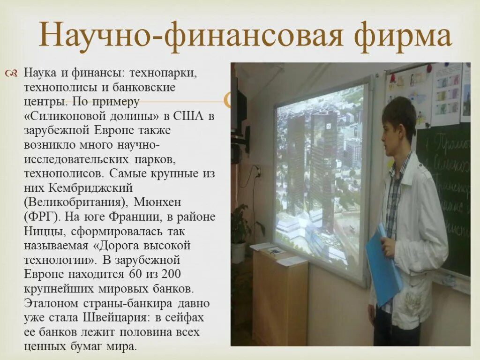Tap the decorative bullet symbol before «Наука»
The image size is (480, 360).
pyautogui.click(x=12, y=73)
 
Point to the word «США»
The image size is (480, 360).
pyautogui.click(x=190, y=116)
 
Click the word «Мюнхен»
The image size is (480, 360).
pyautogui.click(x=157, y=202)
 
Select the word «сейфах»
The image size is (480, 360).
pyautogui.click(x=187, y=317)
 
